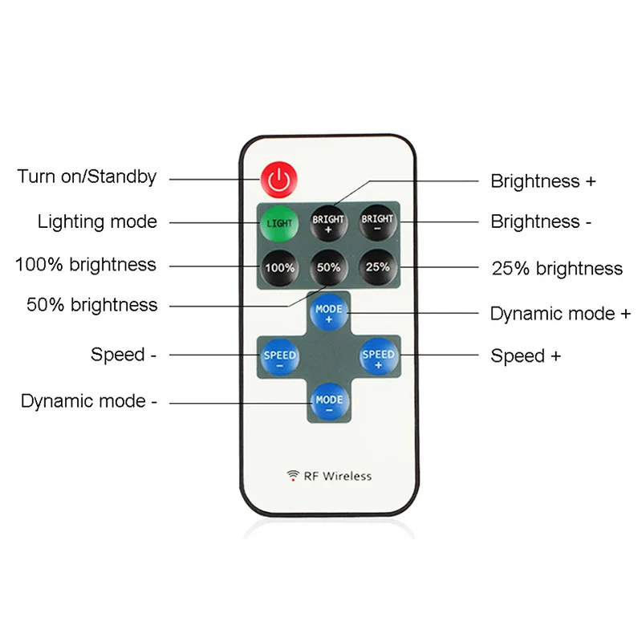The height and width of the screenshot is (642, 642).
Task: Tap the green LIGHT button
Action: [x=279, y=224]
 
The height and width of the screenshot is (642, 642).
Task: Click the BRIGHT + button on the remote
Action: [x=328, y=223]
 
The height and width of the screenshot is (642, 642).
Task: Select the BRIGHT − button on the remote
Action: [x=377, y=222]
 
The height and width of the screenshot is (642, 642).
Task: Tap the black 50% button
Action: [x=328, y=267]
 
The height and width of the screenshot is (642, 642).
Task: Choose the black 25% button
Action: [x=377, y=267]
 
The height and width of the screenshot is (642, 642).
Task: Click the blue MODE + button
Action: [x=329, y=312]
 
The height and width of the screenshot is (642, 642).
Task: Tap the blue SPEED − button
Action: [x=279, y=356]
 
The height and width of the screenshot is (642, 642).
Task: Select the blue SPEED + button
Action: [x=378, y=356]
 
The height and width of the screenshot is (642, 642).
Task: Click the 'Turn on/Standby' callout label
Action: [x=87, y=177]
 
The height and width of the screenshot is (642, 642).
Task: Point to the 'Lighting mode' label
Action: [x=97, y=221]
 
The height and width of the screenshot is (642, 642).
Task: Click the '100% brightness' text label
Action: [x=86, y=265]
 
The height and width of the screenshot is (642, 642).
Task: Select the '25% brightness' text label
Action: [x=557, y=269]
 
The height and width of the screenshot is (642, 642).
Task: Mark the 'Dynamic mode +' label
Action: [x=560, y=314]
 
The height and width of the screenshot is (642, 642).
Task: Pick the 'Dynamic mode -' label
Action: [x=89, y=400]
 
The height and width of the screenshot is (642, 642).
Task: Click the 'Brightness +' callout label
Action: [x=543, y=181]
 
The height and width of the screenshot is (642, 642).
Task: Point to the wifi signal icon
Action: [x=293, y=475]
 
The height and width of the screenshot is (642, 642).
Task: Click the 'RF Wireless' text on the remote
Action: [x=338, y=476]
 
